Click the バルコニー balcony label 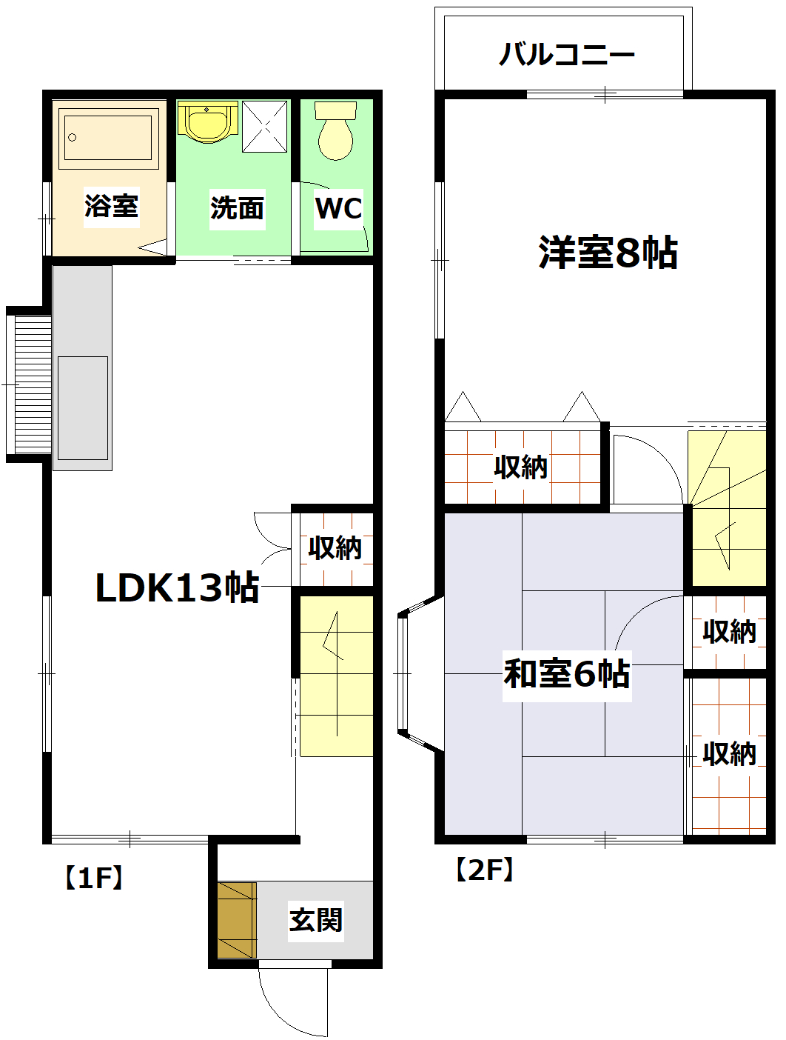tap(567, 55)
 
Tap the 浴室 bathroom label tap(111, 205)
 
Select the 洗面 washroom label tap(237, 208)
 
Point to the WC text tap(338, 208)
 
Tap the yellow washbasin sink tap(207, 121)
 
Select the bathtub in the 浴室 tap(109, 137)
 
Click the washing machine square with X tap(264, 126)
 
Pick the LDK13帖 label tap(177, 588)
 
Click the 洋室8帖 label tap(608, 253)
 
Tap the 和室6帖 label tap(567, 674)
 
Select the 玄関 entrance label tap(316, 920)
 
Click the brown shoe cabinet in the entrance tap(236, 920)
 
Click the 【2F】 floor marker tap(484, 870)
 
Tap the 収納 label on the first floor tap(335, 548)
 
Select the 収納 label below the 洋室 tap(521, 467)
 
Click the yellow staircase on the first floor tap(335, 676)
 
